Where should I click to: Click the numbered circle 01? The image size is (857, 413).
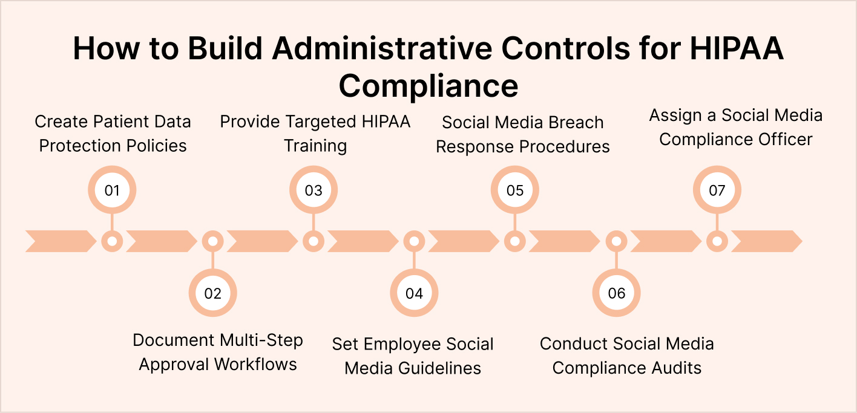point(112,190)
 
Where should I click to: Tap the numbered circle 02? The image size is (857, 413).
point(212,293)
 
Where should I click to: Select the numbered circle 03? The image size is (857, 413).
point(314,190)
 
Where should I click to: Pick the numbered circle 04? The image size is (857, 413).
point(414,293)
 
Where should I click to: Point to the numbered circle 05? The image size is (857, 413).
point(515,190)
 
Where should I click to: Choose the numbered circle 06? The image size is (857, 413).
point(616,293)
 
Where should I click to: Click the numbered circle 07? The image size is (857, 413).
point(717,190)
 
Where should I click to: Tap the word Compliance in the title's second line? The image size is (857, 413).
point(428,85)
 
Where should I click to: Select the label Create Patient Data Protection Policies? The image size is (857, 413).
point(113,134)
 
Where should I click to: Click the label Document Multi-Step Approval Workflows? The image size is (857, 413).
point(218,352)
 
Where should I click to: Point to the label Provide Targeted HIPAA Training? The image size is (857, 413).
point(315,134)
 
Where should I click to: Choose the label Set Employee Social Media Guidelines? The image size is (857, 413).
point(413,356)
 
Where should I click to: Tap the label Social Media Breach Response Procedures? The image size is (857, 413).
point(523,134)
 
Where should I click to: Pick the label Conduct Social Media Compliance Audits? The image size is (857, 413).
point(627,356)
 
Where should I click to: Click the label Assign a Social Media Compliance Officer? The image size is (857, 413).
point(736,127)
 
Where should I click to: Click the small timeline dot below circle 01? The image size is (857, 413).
point(112,241)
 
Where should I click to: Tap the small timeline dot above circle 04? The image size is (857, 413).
point(414,241)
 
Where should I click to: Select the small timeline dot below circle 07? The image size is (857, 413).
point(717,241)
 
